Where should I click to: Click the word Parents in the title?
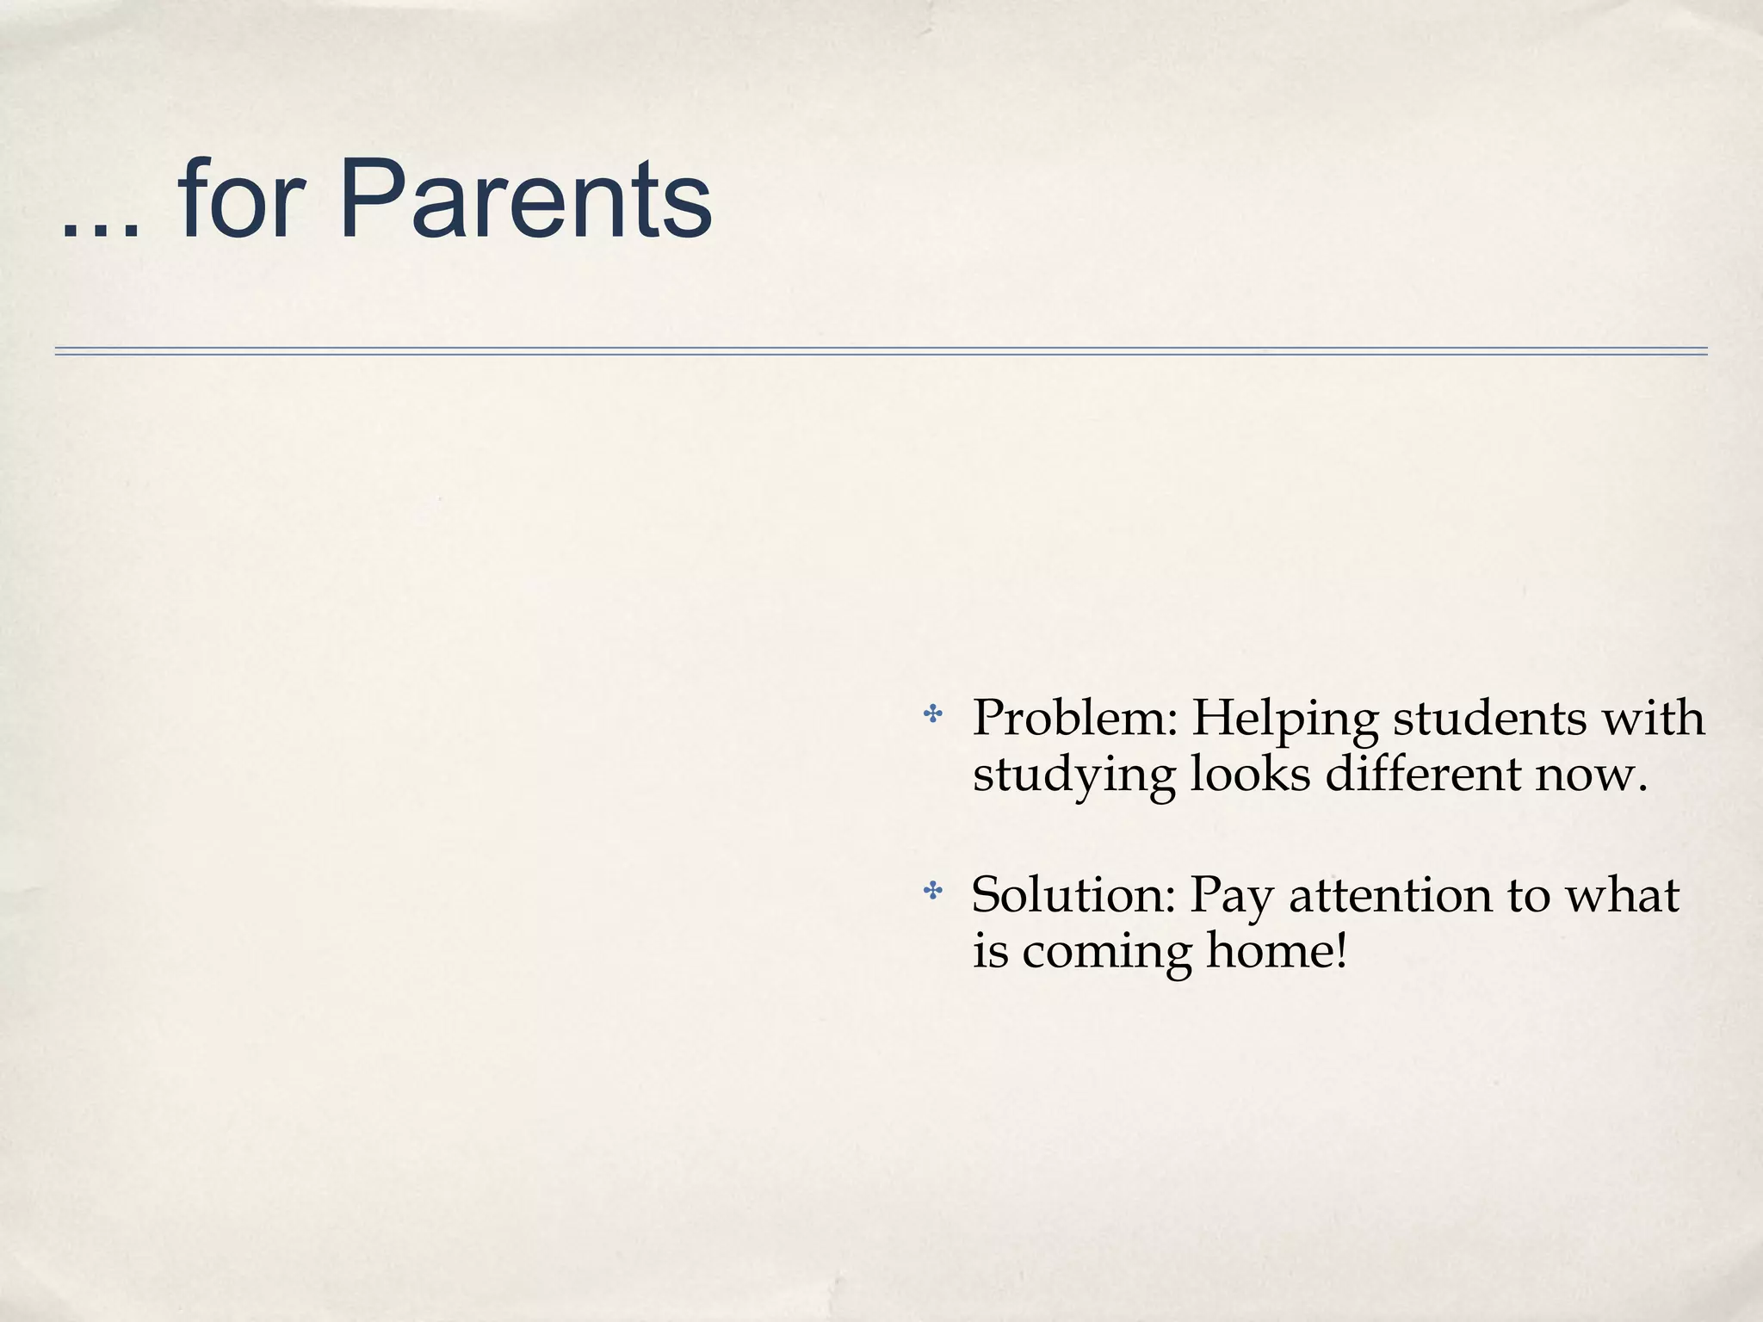pyautogui.click(x=525, y=200)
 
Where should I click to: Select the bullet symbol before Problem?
pyautogui.click(x=932, y=714)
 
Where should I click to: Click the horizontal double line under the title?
pyautogui.click(x=881, y=351)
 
